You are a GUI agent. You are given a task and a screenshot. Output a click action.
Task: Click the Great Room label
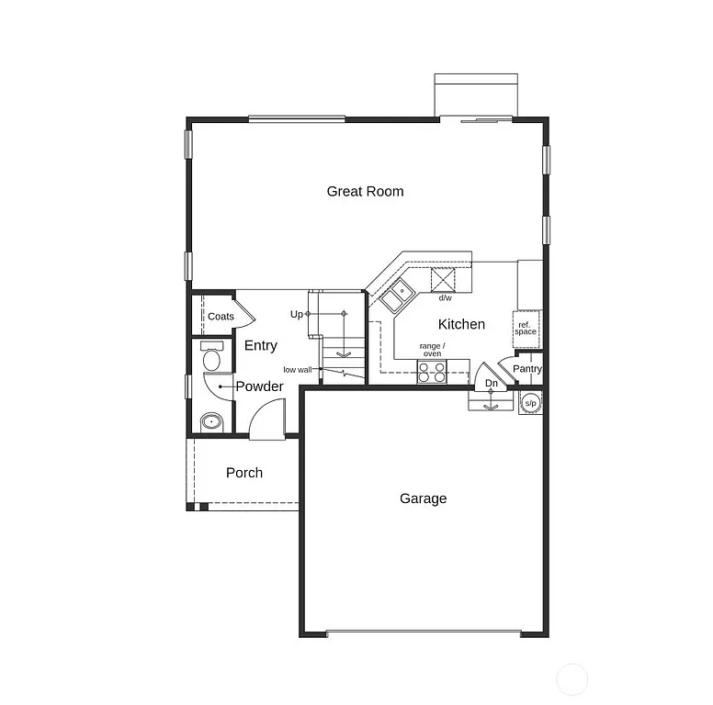click(x=365, y=192)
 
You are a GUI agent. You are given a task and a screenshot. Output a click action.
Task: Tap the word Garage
click(x=423, y=498)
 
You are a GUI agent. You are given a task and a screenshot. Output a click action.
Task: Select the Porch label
click(x=243, y=473)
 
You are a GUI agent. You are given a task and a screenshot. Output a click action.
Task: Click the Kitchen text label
click(x=461, y=324)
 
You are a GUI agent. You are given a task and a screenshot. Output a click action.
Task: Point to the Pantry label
click(x=527, y=369)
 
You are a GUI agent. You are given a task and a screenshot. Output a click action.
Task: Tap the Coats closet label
click(x=221, y=317)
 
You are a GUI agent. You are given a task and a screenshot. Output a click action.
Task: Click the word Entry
click(x=261, y=346)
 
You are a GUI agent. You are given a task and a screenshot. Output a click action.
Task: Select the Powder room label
click(x=259, y=386)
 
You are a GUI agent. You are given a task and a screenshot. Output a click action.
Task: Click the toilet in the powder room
click(x=211, y=357)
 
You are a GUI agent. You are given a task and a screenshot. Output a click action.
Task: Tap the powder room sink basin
click(x=211, y=423)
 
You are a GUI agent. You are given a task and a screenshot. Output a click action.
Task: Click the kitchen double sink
click(x=397, y=296)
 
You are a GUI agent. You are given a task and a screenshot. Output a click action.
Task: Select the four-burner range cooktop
click(x=432, y=372)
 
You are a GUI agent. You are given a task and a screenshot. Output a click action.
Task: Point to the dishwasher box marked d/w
click(x=445, y=279)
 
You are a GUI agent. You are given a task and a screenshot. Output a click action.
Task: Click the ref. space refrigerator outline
click(x=526, y=329)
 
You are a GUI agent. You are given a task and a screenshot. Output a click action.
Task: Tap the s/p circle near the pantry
click(x=530, y=402)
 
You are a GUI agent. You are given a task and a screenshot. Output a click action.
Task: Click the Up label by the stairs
click(x=296, y=314)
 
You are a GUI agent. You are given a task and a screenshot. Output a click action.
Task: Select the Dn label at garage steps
click(x=492, y=383)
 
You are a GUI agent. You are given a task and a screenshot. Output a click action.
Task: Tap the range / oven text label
click(x=431, y=350)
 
